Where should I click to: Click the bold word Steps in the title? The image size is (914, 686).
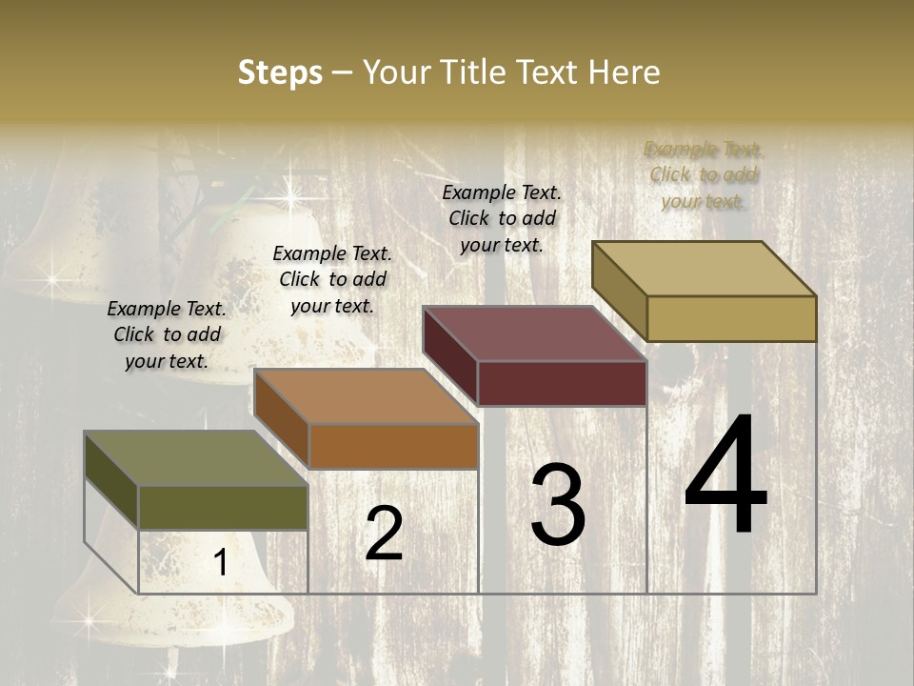point(280,72)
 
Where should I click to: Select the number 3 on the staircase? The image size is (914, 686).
point(557,505)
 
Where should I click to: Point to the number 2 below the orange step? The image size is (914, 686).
point(384,534)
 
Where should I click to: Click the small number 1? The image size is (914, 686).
point(221,562)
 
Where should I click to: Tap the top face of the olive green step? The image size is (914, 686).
point(195,458)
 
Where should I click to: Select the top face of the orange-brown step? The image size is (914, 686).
point(366,396)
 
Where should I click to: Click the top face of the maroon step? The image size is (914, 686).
point(534,333)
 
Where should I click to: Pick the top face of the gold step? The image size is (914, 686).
point(705,269)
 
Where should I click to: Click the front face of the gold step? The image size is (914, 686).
point(731,318)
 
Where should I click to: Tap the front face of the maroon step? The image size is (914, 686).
point(562,383)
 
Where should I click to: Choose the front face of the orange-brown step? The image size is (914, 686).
point(393,446)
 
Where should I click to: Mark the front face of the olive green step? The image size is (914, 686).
point(223,508)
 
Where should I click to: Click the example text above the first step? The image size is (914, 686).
point(167,334)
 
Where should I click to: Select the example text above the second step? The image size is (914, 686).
point(332,279)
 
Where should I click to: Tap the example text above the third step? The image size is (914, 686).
point(502,218)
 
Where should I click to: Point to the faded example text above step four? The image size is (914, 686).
point(703,174)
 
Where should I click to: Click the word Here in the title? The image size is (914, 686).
point(625,72)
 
